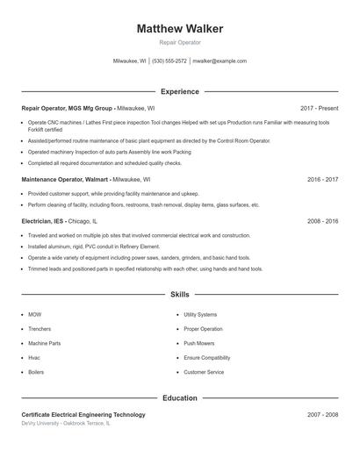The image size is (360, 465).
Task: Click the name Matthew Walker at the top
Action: pyautogui.click(x=180, y=28)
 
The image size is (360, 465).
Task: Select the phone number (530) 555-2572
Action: pyautogui.click(x=169, y=61)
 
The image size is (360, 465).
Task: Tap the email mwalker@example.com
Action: pyautogui.click(x=220, y=61)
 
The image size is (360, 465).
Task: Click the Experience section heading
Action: pyautogui.click(x=180, y=91)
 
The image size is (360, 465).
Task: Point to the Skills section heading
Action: pyautogui.click(x=180, y=295)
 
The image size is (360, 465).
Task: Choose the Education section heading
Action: pyautogui.click(x=180, y=398)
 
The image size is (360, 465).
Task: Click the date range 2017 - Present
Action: pyautogui.click(x=319, y=108)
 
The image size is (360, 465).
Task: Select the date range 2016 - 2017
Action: pyautogui.click(x=323, y=179)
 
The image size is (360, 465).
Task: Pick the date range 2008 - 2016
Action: pyautogui.click(x=323, y=221)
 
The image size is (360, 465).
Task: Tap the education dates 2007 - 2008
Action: pyautogui.click(x=323, y=414)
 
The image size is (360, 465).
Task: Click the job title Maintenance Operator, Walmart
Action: pyautogui.click(x=67, y=179)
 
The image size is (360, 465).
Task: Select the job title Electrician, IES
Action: pyautogui.click(x=42, y=221)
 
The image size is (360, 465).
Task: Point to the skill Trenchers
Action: pyautogui.click(x=40, y=329)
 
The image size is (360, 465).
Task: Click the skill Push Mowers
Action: pyautogui.click(x=199, y=343)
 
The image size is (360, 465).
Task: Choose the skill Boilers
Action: pyautogui.click(x=36, y=372)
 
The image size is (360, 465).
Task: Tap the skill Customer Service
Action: pyautogui.click(x=204, y=372)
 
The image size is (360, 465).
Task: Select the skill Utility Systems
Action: pyautogui.click(x=200, y=314)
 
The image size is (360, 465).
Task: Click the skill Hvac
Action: pyautogui.click(x=34, y=358)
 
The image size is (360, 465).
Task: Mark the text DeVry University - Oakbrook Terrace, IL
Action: pyautogui.click(x=66, y=424)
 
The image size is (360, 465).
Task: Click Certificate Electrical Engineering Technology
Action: pyautogui.click(x=83, y=414)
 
